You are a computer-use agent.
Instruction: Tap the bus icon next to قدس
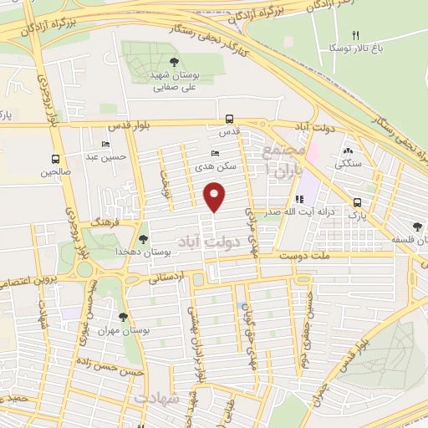coord(229,119)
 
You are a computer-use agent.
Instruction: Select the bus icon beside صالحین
coord(55,159)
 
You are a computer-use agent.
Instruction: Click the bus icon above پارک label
coord(358,202)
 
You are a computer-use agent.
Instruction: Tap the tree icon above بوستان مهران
coord(123,317)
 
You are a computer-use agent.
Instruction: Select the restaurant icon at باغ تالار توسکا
coord(356,35)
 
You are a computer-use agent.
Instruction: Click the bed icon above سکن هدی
coord(216,154)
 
